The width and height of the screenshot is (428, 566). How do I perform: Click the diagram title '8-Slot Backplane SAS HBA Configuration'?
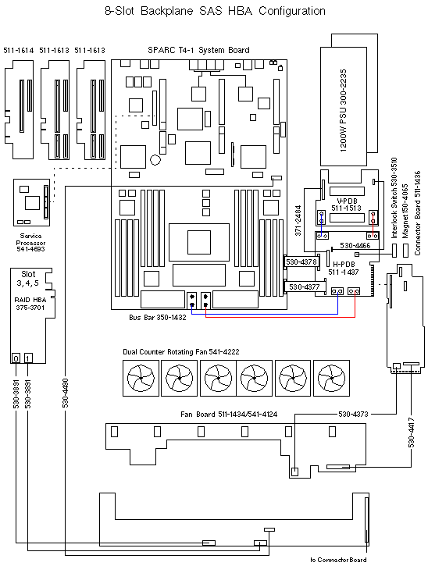point(215,11)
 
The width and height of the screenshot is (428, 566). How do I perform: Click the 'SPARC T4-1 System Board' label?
point(198,50)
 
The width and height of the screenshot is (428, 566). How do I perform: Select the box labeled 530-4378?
point(301,262)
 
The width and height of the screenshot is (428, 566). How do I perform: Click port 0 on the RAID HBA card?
point(16,358)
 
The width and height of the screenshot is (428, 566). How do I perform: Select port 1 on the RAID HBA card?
point(28,358)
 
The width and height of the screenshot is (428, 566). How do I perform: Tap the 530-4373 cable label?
point(354,414)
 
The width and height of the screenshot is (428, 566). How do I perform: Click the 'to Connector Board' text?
point(337,560)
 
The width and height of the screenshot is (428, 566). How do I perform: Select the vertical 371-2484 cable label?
point(298,222)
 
